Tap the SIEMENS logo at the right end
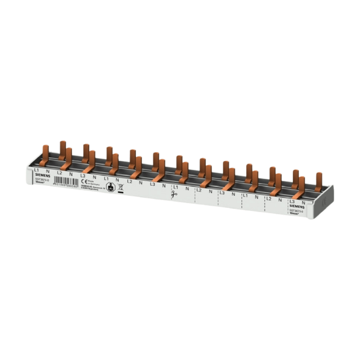pyautogui.click(x=297, y=207)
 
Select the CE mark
pyautogui.click(x=83, y=181)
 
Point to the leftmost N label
pyautogui.click(x=48, y=171)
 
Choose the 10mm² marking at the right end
pyautogui.click(x=295, y=213)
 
